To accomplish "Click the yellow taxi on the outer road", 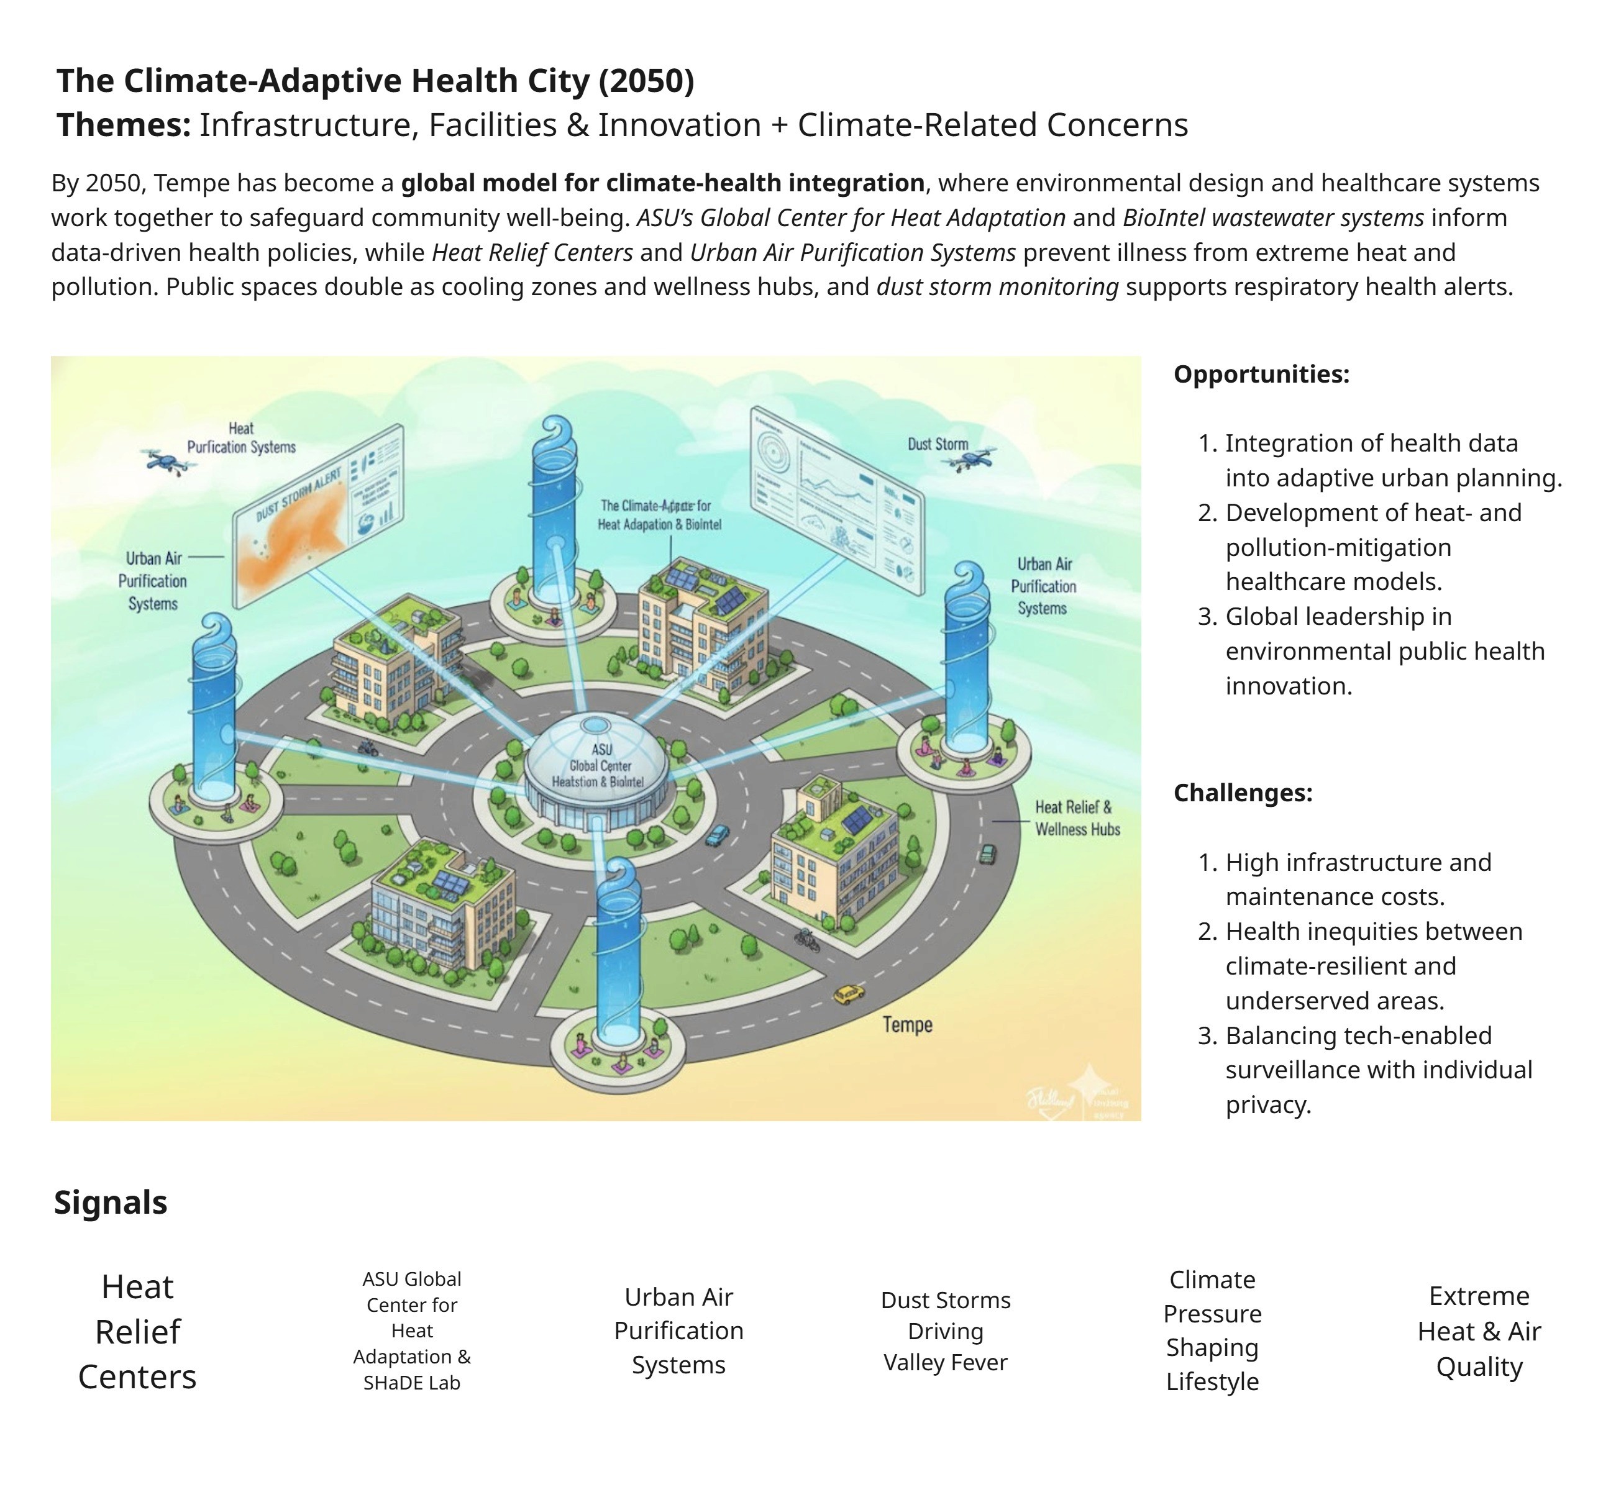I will [848, 994].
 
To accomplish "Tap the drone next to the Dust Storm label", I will [972, 461].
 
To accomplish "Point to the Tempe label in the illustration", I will [907, 1024].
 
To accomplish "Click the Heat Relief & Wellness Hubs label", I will [1077, 818].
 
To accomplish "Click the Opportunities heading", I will [1261, 375].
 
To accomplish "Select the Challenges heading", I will [1243, 793].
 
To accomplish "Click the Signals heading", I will [111, 1202].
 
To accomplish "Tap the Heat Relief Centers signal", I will [137, 1331].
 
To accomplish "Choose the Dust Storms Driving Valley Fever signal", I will [946, 1331].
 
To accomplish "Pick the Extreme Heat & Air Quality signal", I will [1479, 1331].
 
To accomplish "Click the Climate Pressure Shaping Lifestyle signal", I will [1212, 1331].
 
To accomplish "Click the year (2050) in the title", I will [646, 81].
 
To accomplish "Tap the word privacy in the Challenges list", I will [1268, 1104].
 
